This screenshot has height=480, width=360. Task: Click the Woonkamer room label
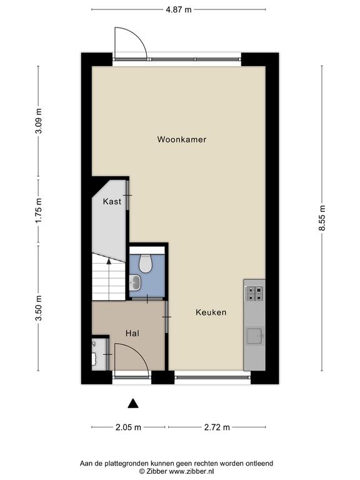pyautogui.click(x=181, y=139)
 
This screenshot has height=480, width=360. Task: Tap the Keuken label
pyautogui.click(x=211, y=312)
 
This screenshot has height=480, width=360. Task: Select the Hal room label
pyautogui.click(x=132, y=333)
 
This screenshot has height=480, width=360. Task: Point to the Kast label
pyautogui.click(x=112, y=201)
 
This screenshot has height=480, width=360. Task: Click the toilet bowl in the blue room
pyautogui.click(x=146, y=263)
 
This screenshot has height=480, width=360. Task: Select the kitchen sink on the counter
pyautogui.click(x=255, y=336)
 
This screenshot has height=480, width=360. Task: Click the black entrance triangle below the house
pyautogui.click(x=133, y=404)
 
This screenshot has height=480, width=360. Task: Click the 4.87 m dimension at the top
pyautogui.click(x=179, y=9)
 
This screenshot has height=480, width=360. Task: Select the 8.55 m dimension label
pyautogui.click(x=322, y=219)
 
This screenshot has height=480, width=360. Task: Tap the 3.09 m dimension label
pyautogui.click(x=39, y=121)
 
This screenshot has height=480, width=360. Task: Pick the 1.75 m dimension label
pyautogui.click(x=39, y=211)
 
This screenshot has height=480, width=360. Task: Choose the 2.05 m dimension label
pyautogui.click(x=128, y=427)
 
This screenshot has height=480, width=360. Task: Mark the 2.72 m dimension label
pyautogui.click(x=217, y=427)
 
